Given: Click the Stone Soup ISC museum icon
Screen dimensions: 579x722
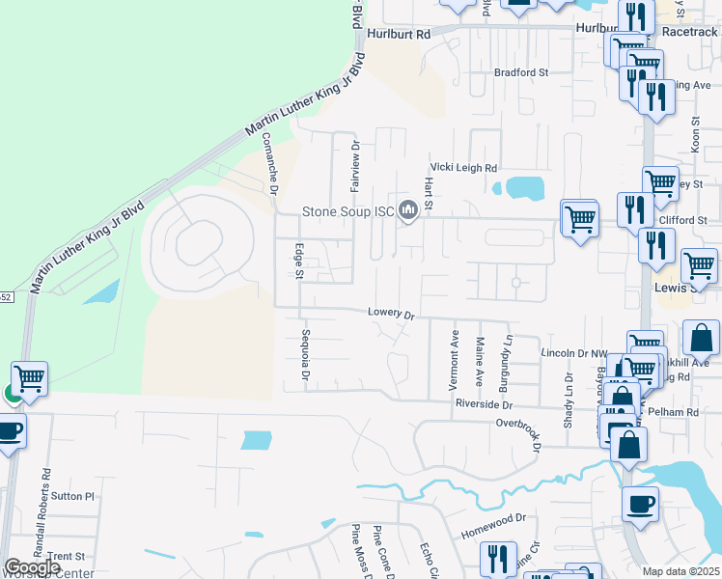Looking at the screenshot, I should click(408, 209).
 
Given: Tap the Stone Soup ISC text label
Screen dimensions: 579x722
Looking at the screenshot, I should click(348, 210).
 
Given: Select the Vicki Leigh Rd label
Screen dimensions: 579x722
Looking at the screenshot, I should click(463, 167).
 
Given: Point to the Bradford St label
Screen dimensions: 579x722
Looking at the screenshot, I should click(521, 72).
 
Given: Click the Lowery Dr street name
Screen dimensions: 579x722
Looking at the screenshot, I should click(390, 314).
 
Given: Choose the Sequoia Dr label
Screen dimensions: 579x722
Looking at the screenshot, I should click(305, 355).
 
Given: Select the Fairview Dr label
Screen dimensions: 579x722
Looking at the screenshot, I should click(355, 164).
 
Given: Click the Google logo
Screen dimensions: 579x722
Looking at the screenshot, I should click(32, 567).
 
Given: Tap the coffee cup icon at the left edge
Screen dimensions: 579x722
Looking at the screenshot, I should click(9, 431).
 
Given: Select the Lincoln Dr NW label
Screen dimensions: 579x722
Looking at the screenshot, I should click(571, 354).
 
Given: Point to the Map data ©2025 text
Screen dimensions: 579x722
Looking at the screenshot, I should click(680, 571).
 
